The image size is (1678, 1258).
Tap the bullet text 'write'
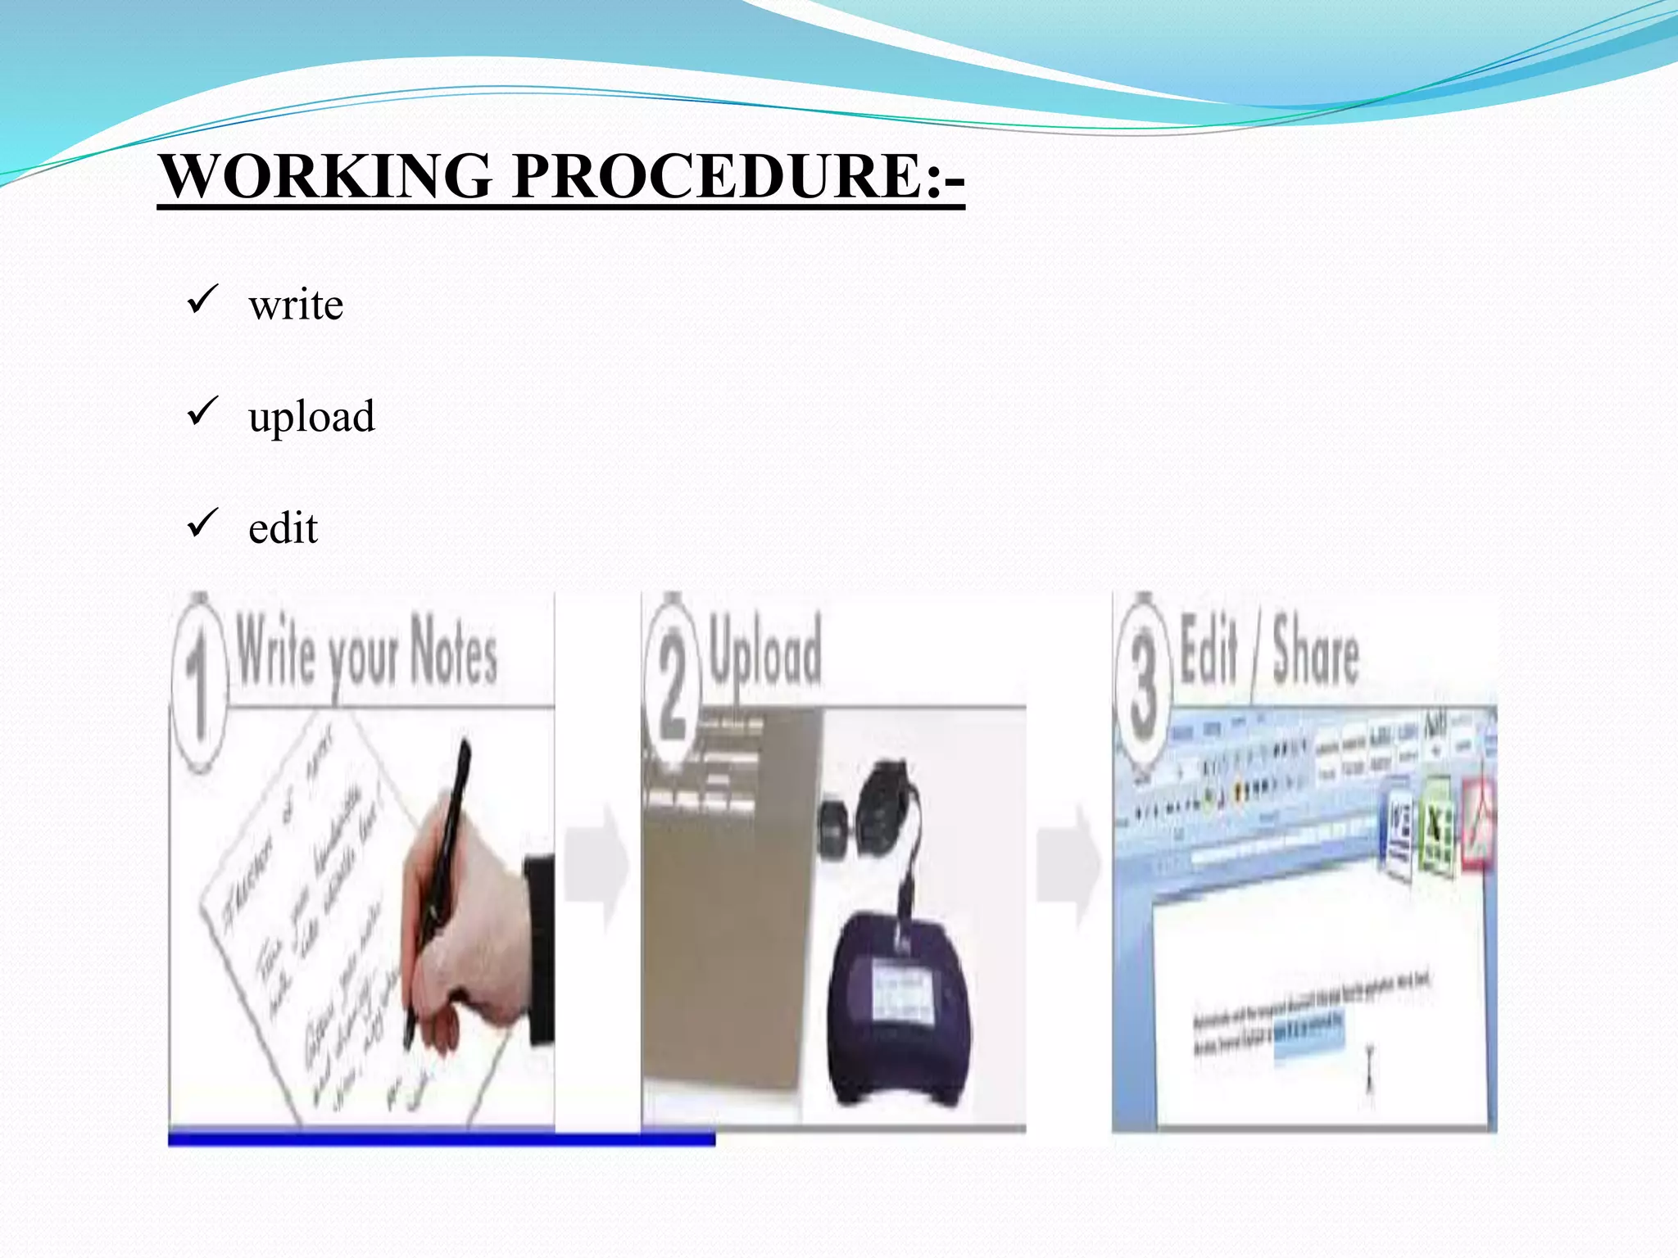click(296, 305)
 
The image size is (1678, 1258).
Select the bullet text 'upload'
click(311, 416)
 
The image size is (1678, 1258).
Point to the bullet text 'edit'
click(283, 528)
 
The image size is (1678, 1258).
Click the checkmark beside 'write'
click(202, 300)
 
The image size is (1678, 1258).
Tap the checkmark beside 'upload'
click(202, 411)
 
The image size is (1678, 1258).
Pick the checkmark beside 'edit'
click(202, 523)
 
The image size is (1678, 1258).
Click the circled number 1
click(198, 684)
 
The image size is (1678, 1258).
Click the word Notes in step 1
click(453, 651)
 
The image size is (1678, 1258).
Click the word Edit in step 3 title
click(1209, 651)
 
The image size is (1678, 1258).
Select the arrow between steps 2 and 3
click(1068, 865)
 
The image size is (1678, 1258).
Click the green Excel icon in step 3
click(1436, 827)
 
